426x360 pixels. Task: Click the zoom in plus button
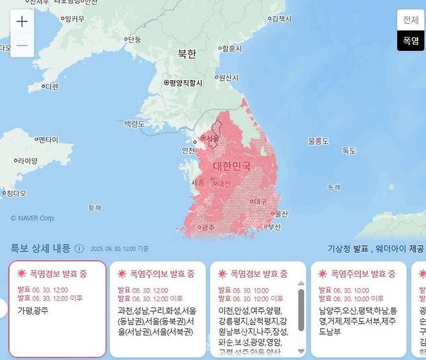(x=22, y=21)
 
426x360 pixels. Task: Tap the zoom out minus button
(x=22, y=45)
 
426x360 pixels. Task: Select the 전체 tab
(x=410, y=20)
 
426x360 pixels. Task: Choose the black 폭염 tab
(x=410, y=40)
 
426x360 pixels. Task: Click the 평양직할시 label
(x=184, y=83)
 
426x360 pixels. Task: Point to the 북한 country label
(x=186, y=54)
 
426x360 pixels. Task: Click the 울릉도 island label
(x=319, y=141)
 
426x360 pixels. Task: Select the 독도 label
(x=349, y=150)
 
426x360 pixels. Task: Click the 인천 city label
(x=188, y=150)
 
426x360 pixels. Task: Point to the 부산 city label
(x=275, y=227)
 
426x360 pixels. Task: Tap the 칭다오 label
(x=14, y=193)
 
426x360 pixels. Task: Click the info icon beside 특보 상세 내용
(x=79, y=248)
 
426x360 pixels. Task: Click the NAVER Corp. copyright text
(x=33, y=218)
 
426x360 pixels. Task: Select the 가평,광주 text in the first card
(x=33, y=310)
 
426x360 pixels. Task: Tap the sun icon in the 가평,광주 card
(x=22, y=274)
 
